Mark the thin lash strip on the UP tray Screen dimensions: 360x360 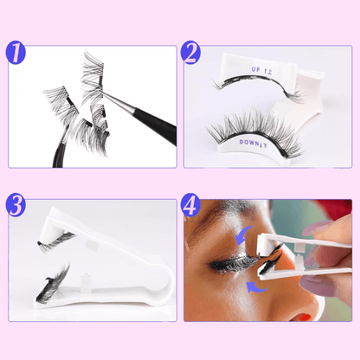(238, 80)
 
